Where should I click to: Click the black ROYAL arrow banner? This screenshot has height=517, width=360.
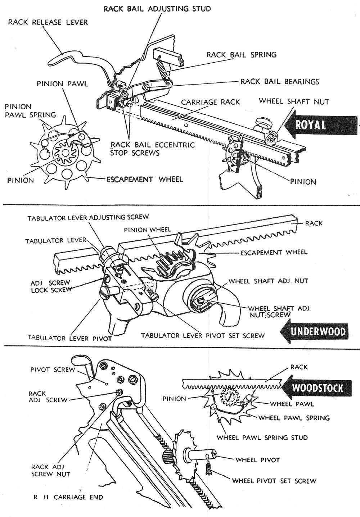tap(320, 125)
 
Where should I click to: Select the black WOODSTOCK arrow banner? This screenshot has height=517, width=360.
tap(317, 388)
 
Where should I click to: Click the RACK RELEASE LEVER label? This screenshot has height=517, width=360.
tap(48, 22)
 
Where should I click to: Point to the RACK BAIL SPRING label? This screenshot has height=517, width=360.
tap(241, 55)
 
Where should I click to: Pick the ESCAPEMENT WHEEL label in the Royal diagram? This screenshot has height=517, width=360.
tap(144, 179)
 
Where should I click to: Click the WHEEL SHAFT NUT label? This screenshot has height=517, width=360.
tap(294, 101)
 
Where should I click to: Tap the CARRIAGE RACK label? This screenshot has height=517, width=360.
tap(210, 102)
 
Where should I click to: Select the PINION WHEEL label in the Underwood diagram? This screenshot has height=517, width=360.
tap(148, 230)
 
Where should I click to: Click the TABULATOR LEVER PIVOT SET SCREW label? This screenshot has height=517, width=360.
tap(203, 335)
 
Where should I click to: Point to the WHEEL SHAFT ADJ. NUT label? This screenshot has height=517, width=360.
tap(268, 281)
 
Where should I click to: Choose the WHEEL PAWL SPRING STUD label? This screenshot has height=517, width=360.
tap(262, 437)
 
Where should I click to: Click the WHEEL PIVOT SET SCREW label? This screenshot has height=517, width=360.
tap(274, 481)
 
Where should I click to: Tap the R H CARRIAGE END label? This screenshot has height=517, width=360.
tap(68, 497)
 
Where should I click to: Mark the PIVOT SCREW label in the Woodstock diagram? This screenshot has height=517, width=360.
tap(53, 369)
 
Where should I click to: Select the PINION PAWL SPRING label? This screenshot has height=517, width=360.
tap(30, 111)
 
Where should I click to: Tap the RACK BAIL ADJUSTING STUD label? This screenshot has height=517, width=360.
tap(157, 9)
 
